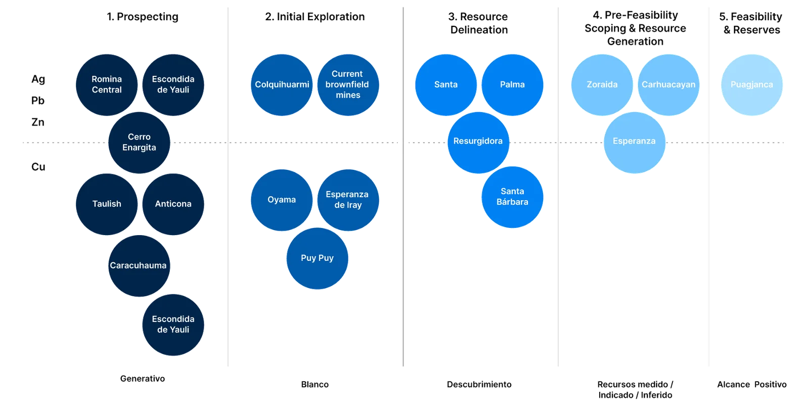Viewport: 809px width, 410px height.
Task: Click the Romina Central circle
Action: [107, 85]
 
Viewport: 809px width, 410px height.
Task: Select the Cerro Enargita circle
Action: [139, 143]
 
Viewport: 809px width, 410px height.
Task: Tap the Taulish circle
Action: [107, 204]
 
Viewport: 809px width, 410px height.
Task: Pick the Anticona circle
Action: [173, 204]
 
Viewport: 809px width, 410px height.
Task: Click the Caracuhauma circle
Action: [139, 266]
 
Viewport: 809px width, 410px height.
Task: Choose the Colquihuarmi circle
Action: [282, 85]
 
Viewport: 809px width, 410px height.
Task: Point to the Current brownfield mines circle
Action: [348, 85]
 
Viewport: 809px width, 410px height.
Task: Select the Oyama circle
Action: [282, 200]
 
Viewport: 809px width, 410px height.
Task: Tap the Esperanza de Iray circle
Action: [348, 200]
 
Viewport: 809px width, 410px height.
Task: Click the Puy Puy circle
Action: [317, 258]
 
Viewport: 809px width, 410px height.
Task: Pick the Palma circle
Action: [512, 85]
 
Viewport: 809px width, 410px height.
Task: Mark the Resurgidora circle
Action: [478, 142]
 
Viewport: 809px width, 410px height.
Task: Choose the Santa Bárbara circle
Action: [512, 197]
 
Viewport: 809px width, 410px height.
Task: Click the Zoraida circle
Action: [602, 85]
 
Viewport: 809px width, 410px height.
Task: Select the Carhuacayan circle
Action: [668, 85]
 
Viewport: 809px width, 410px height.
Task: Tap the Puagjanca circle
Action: [752, 85]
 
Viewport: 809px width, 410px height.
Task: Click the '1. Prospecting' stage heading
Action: [143, 17]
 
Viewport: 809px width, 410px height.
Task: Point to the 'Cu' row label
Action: [39, 167]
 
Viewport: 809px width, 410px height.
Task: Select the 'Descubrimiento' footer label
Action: [479, 385]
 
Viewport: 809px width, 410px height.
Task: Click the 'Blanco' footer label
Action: [315, 385]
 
